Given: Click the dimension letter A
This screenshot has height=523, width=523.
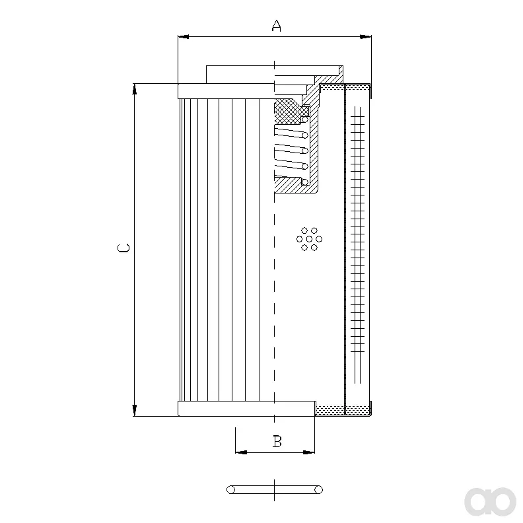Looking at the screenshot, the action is pos(277,26).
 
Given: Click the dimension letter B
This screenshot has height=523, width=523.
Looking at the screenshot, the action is pos(277,441).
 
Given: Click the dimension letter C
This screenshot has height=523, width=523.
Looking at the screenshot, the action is pos(123,248).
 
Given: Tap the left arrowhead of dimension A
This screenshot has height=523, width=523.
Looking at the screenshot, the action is pos(183,37).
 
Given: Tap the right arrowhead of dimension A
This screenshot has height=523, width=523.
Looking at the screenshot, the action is pos(366,37).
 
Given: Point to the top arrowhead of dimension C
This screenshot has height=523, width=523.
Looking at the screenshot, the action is pos(135,88).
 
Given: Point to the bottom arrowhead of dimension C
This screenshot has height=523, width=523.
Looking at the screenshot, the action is pos(135,411).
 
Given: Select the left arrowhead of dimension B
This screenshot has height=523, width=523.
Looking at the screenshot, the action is pos(241,452).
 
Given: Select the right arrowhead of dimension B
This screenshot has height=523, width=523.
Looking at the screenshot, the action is pos(309,452).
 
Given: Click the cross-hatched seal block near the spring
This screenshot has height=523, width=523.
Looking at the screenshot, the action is pos(287,111).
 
